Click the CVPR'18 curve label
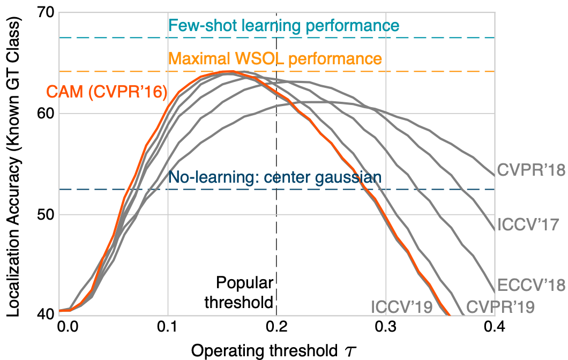click(x=531, y=170)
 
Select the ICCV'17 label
click(x=528, y=224)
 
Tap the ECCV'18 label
click(x=531, y=285)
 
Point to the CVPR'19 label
click(x=500, y=307)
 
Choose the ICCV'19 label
click(x=402, y=307)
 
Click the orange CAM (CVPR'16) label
click(x=106, y=92)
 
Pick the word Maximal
click(x=195, y=58)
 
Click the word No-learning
click(x=208, y=177)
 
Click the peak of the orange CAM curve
click(x=228, y=71)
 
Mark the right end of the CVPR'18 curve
click(x=494, y=175)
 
